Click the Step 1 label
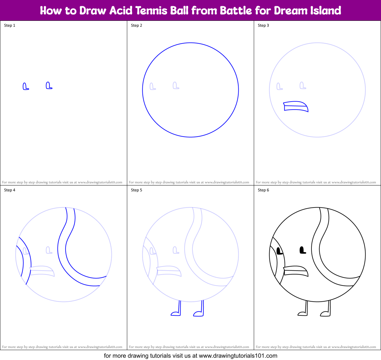coord(10,25)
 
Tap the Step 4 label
coord(10,190)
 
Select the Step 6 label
coord(263,190)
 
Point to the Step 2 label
coord(136,25)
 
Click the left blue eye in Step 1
coord(25,86)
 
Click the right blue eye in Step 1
coord(49,86)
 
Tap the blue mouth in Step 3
coord(296,107)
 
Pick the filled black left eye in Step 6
coord(279,251)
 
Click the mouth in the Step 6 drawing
coord(296,271)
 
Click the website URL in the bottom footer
coord(238,356)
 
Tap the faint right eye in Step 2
coord(176,86)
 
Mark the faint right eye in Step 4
coord(49,250)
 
